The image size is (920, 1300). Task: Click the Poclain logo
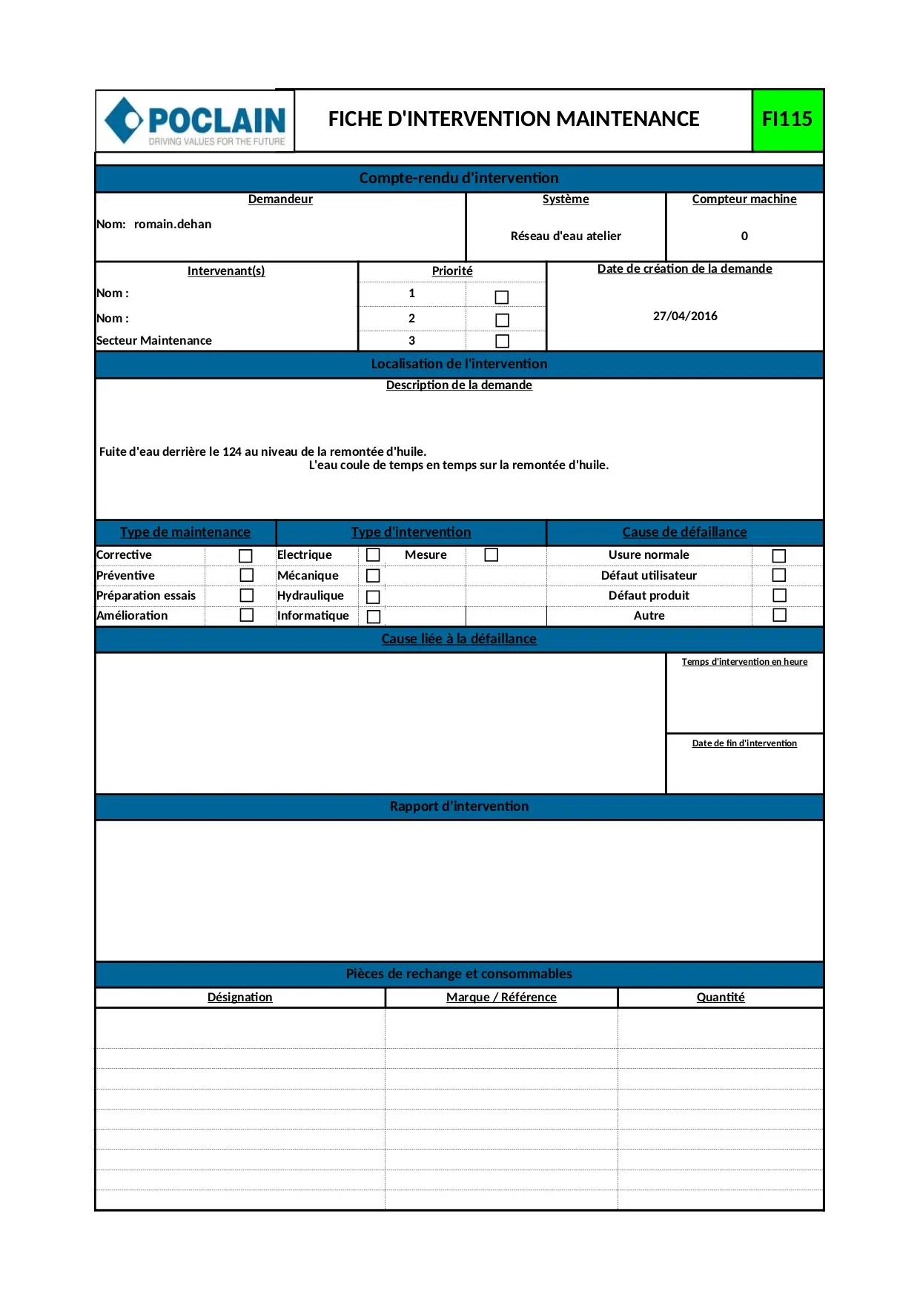[x=196, y=121]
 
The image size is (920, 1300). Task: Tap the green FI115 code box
[x=787, y=119]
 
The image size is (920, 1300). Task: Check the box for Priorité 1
[x=502, y=297]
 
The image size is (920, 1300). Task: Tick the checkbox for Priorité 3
[x=502, y=341]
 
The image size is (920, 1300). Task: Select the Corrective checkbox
[x=245, y=556]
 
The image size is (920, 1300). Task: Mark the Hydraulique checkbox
[x=373, y=597]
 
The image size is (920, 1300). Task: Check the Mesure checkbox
[x=491, y=555]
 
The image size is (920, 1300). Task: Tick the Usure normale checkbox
[x=778, y=556]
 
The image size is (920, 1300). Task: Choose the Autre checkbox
[x=779, y=615]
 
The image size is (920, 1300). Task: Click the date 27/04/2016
[x=685, y=316]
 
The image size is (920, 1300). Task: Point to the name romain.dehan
[x=173, y=225]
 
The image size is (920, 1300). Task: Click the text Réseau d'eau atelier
[x=566, y=236]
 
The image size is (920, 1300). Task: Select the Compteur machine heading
[x=744, y=199]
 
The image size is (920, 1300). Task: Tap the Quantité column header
[x=721, y=998]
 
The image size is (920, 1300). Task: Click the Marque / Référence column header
[x=501, y=998]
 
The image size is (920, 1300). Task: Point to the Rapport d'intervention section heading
[x=459, y=806]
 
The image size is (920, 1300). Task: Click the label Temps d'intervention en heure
[x=744, y=662]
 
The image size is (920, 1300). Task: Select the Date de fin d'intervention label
[x=744, y=743]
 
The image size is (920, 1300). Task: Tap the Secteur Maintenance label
[x=154, y=341]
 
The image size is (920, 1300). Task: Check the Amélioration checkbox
[x=247, y=615]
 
